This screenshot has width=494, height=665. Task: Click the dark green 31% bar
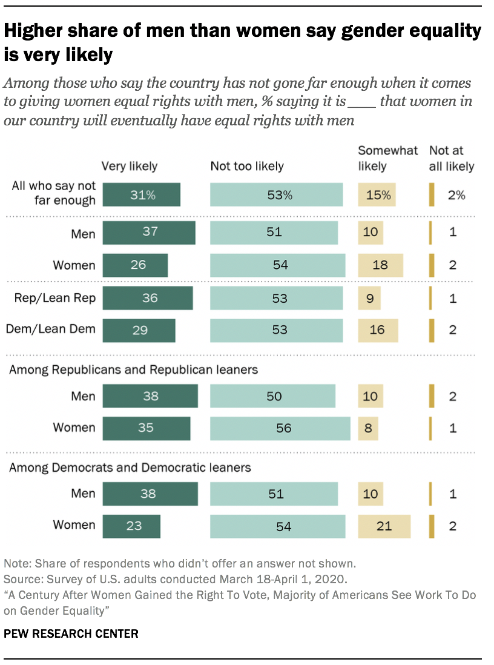141,195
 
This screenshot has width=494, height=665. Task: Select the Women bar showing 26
135,265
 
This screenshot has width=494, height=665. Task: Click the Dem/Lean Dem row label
51,329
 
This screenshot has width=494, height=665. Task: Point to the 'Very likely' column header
129,166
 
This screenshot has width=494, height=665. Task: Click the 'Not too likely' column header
246,166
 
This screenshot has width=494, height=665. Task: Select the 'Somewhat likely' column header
387,158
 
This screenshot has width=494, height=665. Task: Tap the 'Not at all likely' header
452,158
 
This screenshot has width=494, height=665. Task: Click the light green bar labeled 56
280,428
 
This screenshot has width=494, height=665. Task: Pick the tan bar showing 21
384,526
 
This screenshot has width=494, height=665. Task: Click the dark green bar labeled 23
131,526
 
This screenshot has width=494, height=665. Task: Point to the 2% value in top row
456,195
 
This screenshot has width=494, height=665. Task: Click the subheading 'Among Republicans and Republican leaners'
133,369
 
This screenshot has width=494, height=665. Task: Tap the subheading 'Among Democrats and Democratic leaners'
130,468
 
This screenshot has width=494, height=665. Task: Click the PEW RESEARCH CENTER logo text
71,634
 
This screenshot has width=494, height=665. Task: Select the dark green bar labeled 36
148,298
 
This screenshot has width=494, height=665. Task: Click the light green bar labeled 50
272,396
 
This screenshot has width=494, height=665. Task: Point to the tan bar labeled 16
378,329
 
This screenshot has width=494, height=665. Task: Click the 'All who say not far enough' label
54,193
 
